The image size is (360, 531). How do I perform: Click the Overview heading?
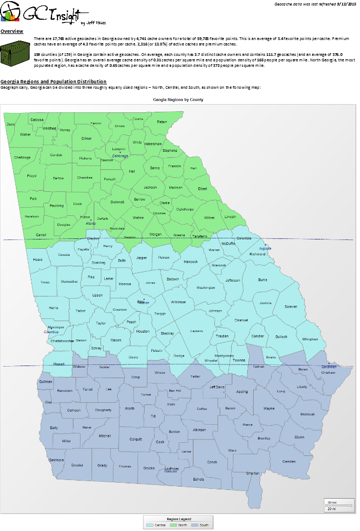(x=12, y=31)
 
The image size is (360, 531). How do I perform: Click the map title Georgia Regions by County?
(x=179, y=100)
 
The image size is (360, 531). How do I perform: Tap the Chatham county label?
(x=328, y=372)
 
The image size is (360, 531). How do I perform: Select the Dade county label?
(x=10, y=124)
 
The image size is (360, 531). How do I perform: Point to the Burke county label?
(x=263, y=279)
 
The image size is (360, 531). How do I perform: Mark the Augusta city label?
(x=265, y=248)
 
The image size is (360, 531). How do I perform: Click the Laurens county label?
(x=197, y=331)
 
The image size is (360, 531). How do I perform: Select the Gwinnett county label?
(x=117, y=202)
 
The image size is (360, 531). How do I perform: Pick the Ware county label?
(x=232, y=450)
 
